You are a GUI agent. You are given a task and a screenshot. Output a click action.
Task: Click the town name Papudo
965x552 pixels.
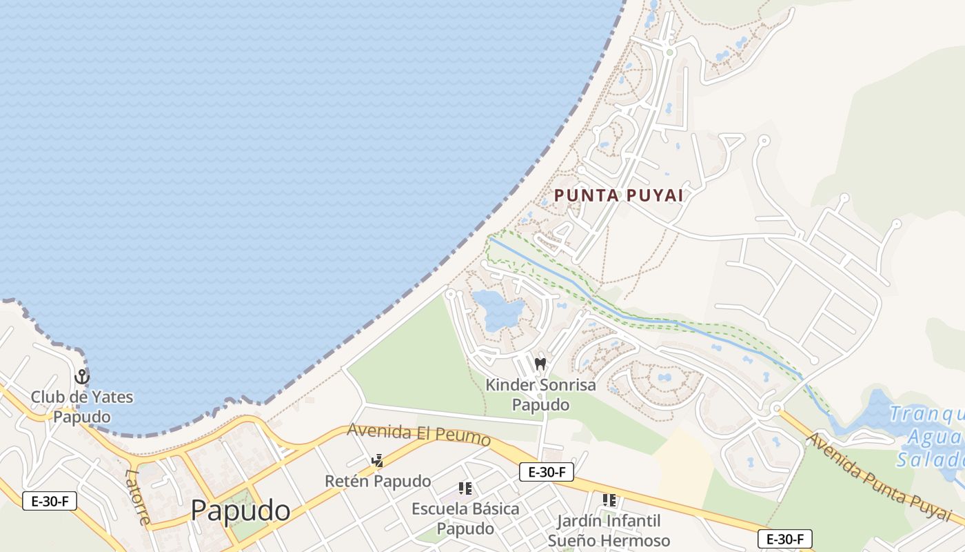[240, 511]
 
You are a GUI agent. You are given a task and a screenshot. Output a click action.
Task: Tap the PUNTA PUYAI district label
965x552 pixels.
[619, 195]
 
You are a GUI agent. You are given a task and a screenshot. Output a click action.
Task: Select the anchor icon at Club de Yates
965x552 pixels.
[82, 377]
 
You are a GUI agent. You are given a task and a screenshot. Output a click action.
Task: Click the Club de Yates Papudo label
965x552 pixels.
[82, 407]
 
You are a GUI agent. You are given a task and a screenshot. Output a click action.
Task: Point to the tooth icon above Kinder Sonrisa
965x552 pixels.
[540, 364]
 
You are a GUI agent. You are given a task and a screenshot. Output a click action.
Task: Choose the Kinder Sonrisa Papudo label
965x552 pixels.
[540, 394]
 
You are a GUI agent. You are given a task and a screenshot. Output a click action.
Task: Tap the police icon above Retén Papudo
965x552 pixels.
[377, 460]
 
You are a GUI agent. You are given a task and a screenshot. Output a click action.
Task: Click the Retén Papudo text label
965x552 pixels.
[378, 481]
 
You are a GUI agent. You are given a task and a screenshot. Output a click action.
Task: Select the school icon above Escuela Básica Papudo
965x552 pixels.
[465, 489]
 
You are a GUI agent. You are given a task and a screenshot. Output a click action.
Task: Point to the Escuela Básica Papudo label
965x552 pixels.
[465, 518]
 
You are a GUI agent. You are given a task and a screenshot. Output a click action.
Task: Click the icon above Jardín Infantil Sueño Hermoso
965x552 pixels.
[609, 500]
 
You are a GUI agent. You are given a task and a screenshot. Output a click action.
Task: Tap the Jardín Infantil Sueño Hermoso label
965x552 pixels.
[609, 530]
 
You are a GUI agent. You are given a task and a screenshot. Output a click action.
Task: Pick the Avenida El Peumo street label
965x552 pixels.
[418, 435]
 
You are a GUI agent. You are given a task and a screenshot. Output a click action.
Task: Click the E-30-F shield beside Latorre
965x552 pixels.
[50, 501]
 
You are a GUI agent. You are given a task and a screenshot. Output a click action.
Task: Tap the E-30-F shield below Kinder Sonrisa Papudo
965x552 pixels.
[546, 472]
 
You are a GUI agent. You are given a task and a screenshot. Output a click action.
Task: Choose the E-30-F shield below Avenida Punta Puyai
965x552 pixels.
[784, 539]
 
